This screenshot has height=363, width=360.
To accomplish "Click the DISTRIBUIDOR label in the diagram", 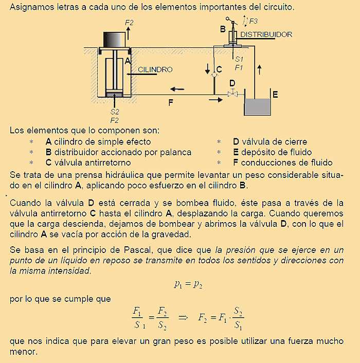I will [x=266, y=35].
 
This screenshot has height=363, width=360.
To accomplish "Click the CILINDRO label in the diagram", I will [x=155, y=69].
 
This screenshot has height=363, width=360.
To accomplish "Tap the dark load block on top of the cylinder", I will [x=114, y=38].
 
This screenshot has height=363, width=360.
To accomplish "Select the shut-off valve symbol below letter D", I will [x=232, y=94].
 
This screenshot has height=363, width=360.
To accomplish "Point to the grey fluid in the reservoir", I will [x=258, y=107].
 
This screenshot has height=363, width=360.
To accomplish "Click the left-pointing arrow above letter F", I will [x=178, y=88].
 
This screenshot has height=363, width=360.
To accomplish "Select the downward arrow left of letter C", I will [x=208, y=69].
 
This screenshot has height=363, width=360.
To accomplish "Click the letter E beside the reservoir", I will [x=275, y=95].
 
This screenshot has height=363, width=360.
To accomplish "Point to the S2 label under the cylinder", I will [x=115, y=112].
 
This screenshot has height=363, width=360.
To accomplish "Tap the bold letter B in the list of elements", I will [x=48, y=152].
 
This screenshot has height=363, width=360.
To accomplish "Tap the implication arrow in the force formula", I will [x=183, y=317].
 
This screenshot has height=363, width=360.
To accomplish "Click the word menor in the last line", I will [x=24, y=353].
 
